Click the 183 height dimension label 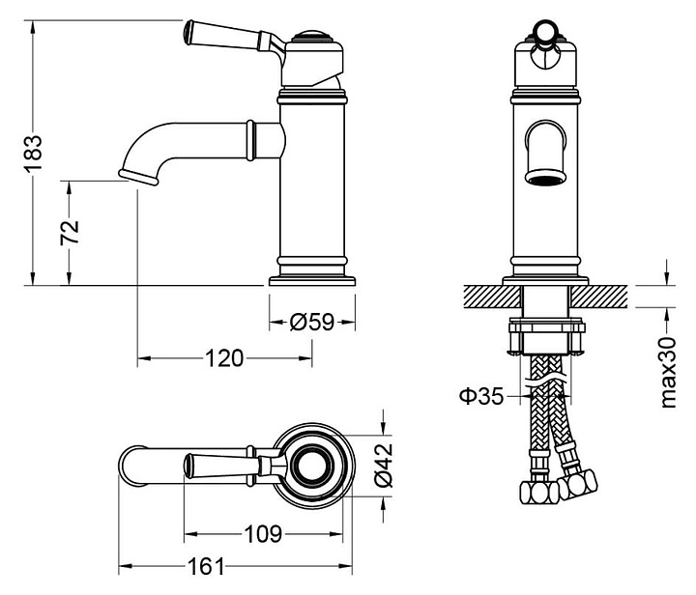[x=34, y=152]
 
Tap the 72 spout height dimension [x=71, y=232]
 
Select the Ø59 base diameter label [x=311, y=323]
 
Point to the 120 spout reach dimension [x=223, y=358]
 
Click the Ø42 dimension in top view [x=381, y=465]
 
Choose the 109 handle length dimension [x=262, y=532]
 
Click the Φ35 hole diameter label [x=481, y=395]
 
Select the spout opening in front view [x=545, y=177]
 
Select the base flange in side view [x=312, y=280]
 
